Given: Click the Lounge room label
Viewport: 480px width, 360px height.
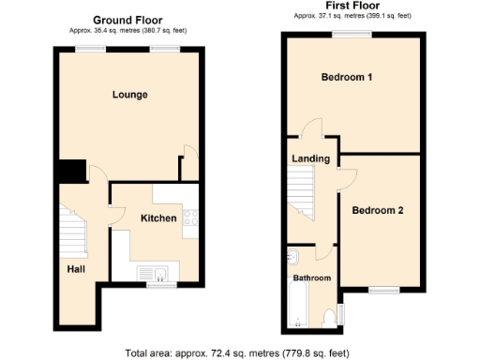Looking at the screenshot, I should coord(130,95).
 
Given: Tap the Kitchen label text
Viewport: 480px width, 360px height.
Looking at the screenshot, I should coord(158,218).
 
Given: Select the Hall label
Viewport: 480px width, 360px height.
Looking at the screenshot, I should coord(76,269).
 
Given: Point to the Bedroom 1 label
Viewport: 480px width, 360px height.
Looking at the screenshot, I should coord(347,77).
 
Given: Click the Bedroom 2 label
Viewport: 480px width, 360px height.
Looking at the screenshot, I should coord(378,210).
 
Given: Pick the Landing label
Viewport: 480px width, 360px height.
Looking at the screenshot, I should coord(310,158).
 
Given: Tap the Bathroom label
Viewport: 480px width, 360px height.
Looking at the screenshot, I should coord(311,278).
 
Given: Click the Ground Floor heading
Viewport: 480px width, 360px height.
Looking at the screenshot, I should coord(128,19).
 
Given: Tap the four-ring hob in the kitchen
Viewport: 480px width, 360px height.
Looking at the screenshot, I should coord(190,218).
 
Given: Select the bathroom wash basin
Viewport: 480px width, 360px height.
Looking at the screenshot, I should coord(292,257).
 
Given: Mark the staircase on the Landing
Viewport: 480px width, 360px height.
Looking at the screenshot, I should coord(303,202).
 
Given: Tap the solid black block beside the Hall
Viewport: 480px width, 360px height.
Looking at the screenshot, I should coord(68,173).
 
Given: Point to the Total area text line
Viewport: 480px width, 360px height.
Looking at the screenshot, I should coord(239,352).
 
